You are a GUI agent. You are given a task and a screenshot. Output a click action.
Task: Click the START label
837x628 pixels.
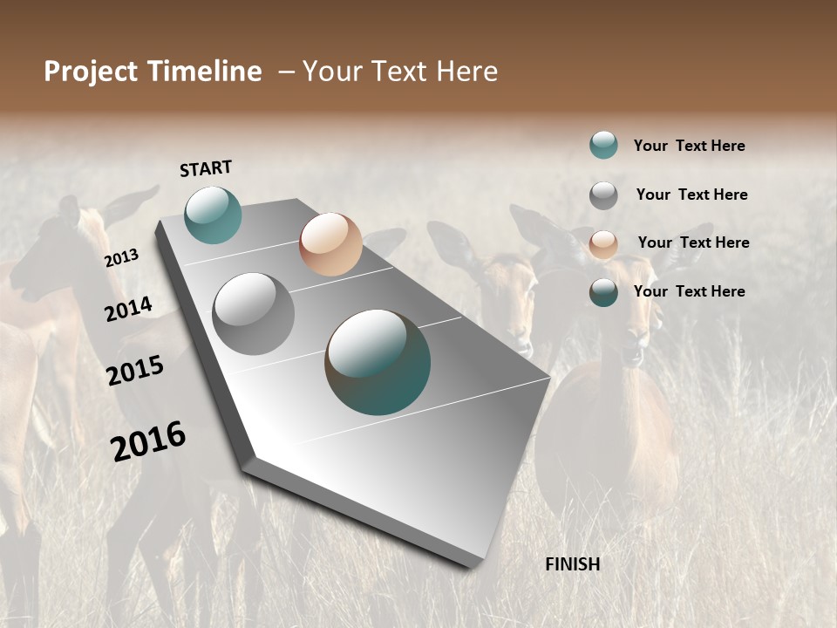pos(206,168)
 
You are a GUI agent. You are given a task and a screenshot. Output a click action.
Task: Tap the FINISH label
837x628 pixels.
pos(573,564)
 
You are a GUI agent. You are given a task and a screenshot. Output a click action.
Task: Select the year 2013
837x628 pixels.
pos(121,258)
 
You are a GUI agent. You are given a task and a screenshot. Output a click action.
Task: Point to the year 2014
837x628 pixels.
pos(128,309)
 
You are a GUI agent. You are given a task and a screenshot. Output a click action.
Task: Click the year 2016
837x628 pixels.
pos(148,441)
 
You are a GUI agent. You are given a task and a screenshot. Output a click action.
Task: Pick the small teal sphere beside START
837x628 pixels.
pos(214,215)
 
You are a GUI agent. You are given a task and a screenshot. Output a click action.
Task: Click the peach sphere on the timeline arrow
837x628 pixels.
pos(330,244)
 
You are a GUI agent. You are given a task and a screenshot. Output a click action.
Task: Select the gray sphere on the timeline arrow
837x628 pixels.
pos(254,314)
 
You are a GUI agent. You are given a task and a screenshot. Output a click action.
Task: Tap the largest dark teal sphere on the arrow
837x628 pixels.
pos(378,362)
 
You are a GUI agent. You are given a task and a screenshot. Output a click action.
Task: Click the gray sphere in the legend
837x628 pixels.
pos(603,195)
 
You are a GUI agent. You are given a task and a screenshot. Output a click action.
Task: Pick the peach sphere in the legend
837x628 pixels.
pos(603,244)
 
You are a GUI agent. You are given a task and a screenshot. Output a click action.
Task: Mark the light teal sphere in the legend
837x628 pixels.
pos(603,145)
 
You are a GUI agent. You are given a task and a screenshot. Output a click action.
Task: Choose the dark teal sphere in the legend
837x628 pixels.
pos(603,292)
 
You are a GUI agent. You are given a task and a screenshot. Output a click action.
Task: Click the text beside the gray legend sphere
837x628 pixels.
pos(691,195)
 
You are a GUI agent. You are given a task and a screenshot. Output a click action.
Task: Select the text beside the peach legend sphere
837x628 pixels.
pos(693,242)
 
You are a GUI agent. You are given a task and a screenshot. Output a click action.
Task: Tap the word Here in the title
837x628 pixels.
pos(466,72)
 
